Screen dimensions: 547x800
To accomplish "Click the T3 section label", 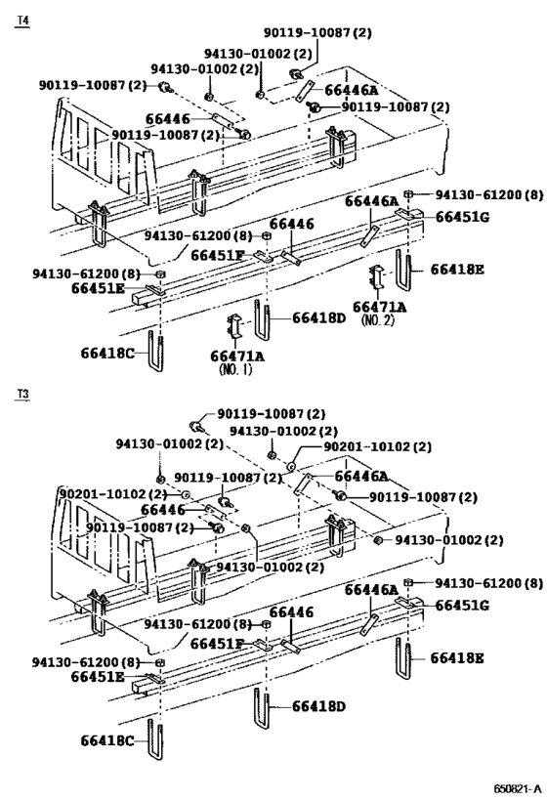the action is coord(23,394).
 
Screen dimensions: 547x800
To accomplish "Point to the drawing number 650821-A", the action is coord(518,788).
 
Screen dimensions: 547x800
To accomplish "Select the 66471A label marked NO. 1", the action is coord(237,356).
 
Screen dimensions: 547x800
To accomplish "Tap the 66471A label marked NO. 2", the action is coord(380,307).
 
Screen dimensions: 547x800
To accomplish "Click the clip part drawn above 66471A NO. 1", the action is coord(233,326).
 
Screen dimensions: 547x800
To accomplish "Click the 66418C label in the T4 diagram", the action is coord(107,353).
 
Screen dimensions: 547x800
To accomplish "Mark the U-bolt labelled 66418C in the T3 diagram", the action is coord(155,739).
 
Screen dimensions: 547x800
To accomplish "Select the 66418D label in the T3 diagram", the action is coord(318,706).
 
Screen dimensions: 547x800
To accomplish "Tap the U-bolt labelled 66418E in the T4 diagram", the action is coord(403,271).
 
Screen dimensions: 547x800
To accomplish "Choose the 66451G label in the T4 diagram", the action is coord(462,217).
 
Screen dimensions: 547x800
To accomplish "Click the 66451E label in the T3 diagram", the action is coord(98,677).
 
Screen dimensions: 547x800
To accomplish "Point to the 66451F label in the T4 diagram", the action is coord(218,255).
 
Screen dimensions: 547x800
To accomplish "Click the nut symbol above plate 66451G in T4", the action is coord(408,193).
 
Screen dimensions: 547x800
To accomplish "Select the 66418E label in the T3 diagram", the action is coord(457,658).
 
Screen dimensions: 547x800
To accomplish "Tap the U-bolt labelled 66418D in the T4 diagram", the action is coord(261,320).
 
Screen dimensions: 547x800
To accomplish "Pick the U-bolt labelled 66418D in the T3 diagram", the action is coord(261,709).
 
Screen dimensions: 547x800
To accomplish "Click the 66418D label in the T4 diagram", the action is coord(318,318).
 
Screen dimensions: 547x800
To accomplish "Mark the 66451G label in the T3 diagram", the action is coord(462,606).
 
